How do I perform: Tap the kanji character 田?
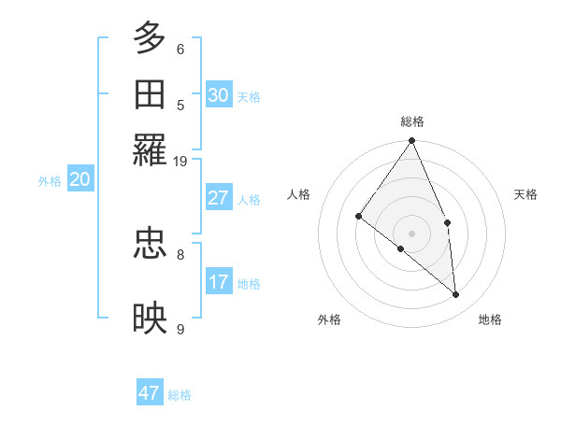151,94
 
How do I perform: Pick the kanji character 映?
151,318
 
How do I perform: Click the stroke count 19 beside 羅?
180,161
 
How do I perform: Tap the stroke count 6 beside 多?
180,49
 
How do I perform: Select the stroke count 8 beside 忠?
180,253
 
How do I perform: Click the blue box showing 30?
219,94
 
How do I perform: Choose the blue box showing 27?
219,198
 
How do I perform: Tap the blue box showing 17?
219,281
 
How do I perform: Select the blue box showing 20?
79,179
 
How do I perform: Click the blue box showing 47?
150,393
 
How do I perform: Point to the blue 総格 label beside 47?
180,395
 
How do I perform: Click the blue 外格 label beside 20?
50,181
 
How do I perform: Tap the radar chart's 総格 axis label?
412,121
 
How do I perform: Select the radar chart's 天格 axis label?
525,194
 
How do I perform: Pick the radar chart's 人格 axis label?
299,194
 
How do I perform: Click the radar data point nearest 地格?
456,294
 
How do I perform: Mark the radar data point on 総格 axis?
412,141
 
